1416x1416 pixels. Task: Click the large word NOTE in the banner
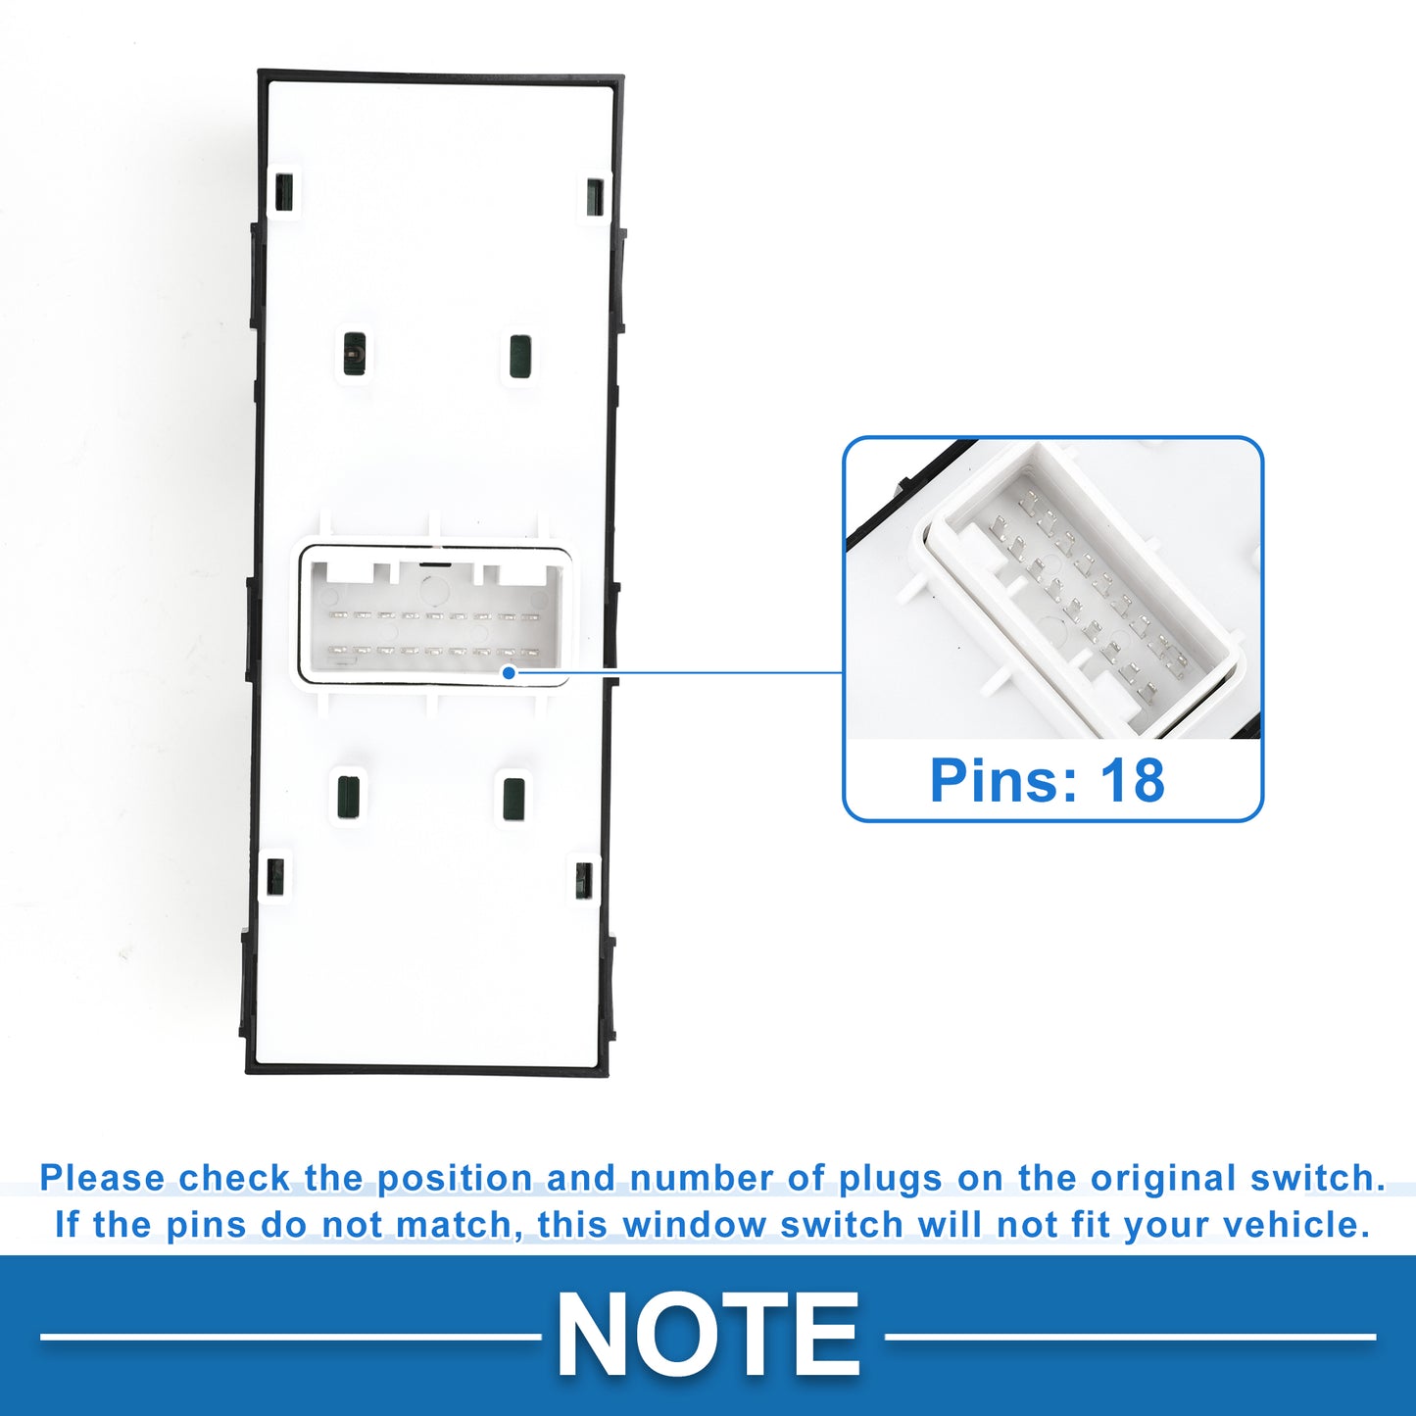click(x=708, y=1336)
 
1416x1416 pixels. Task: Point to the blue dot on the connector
click(x=508, y=672)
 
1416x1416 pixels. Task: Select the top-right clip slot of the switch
click(x=595, y=196)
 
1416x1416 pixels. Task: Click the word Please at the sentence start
click(x=102, y=1178)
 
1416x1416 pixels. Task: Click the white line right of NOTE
click(x=1130, y=1337)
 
